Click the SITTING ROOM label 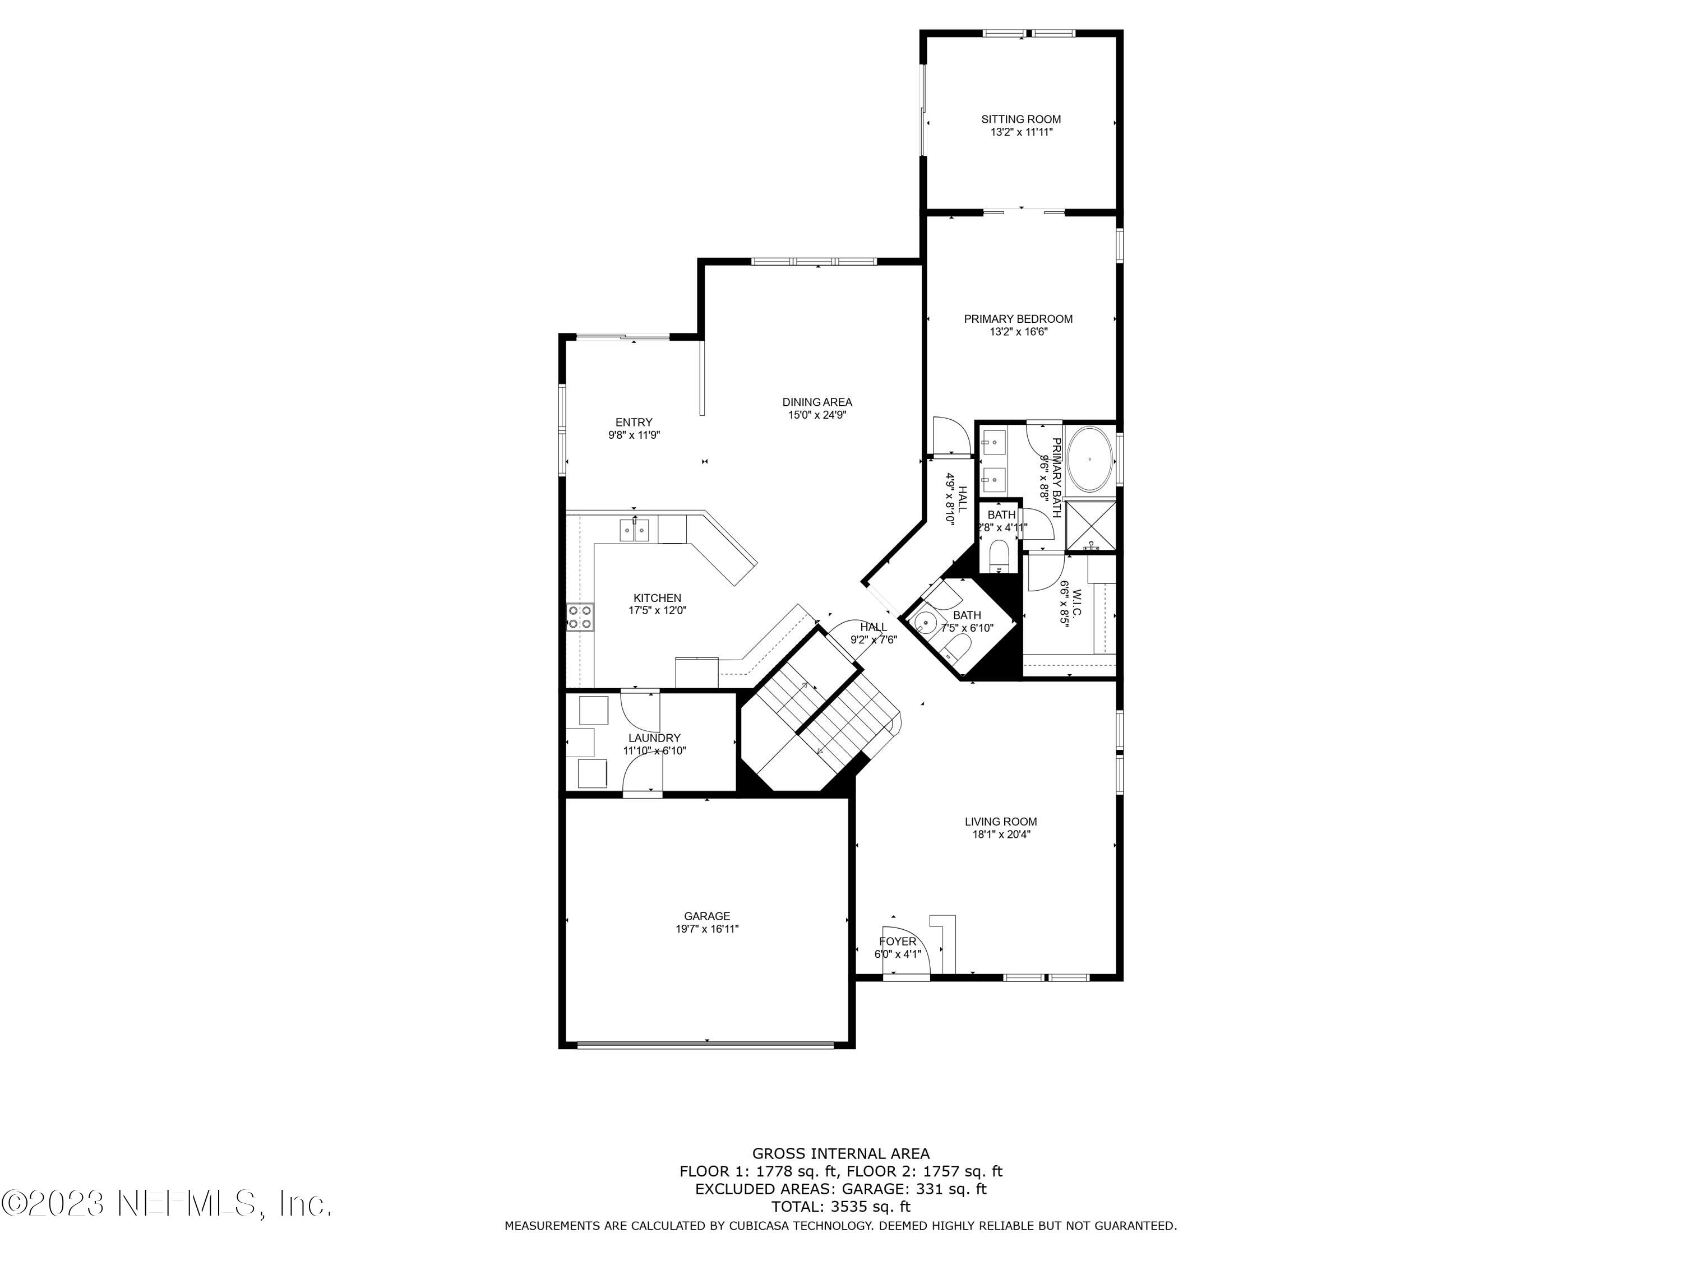coord(1020,119)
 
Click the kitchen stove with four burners coord(580,616)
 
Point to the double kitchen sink coord(634,529)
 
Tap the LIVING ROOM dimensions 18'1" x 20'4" coord(1001,834)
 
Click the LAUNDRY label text coord(654,738)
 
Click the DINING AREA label coord(817,402)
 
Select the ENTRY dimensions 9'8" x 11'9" coord(634,435)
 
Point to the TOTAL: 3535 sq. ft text coord(840,1206)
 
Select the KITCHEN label coord(657,598)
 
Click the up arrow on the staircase coord(805,687)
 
